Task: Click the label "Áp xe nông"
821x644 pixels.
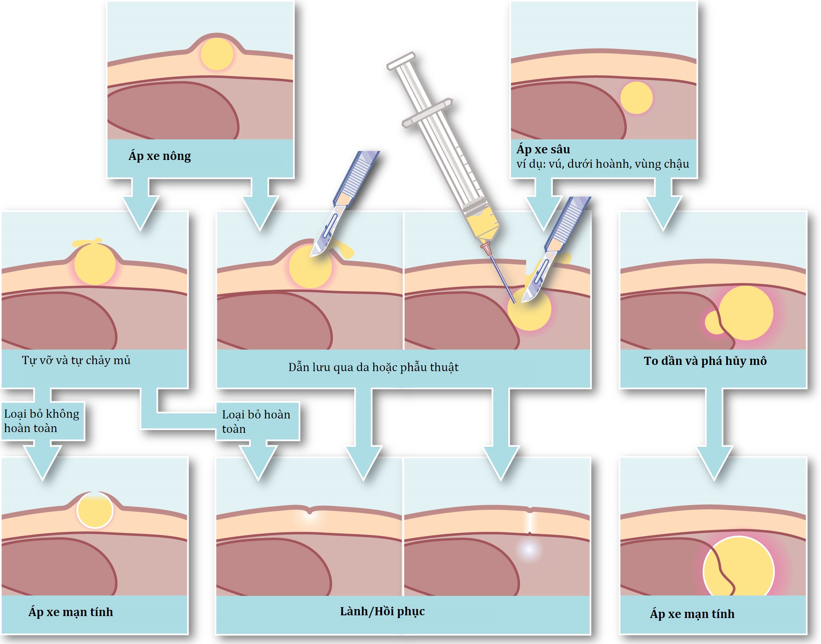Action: pyautogui.click(x=159, y=156)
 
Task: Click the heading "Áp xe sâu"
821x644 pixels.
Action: pyautogui.click(x=543, y=149)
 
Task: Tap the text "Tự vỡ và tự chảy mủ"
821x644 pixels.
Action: pyautogui.click(x=76, y=361)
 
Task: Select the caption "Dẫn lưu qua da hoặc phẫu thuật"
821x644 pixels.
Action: pyautogui.click(x=373, y=367)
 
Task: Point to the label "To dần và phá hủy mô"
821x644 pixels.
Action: pyautogui.click(x=705, y=361)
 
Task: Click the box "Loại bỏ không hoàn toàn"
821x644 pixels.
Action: pyautogui.click(x=42, y=421)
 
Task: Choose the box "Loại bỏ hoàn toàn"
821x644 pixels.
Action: pyautogui.click(x=256, y=422)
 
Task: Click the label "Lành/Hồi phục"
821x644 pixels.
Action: pyautogui.click(x=382, y=611)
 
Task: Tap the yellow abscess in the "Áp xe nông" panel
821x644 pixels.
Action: pyautogui.click(x=217, y=54)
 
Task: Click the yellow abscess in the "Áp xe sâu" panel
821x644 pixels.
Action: pyautogui.click(x=636, y=98)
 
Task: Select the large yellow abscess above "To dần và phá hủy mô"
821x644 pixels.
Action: pyautogui.click(x=746, y=313)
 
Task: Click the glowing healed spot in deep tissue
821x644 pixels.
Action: pyautogui.click(x=528, y=549)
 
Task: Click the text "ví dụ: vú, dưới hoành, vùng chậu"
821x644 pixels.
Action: pyautogui.click(x=603, y=164)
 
